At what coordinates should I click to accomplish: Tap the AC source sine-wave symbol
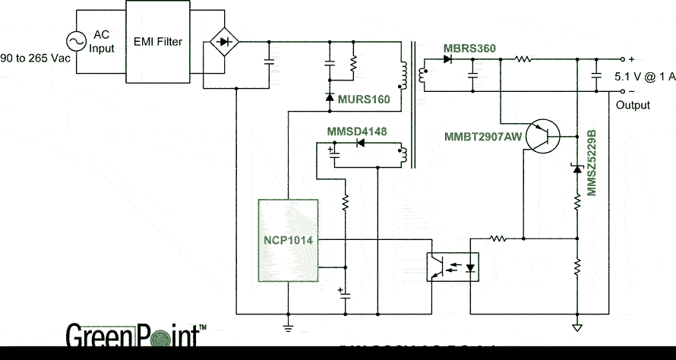(x=78, y=42)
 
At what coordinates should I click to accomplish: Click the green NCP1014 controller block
(x=288, y=240)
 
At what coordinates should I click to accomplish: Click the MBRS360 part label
(x=469, y=49)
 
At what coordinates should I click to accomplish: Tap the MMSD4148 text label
(x=356, y=132)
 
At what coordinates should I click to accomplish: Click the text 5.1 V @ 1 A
(x=643, y=76)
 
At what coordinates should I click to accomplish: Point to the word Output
(x=633, y=105)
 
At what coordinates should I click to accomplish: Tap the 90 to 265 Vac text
(x=32, y=58)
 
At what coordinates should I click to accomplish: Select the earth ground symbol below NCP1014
(x=288, y=327)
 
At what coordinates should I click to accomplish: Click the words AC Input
(x=103, y=42)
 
